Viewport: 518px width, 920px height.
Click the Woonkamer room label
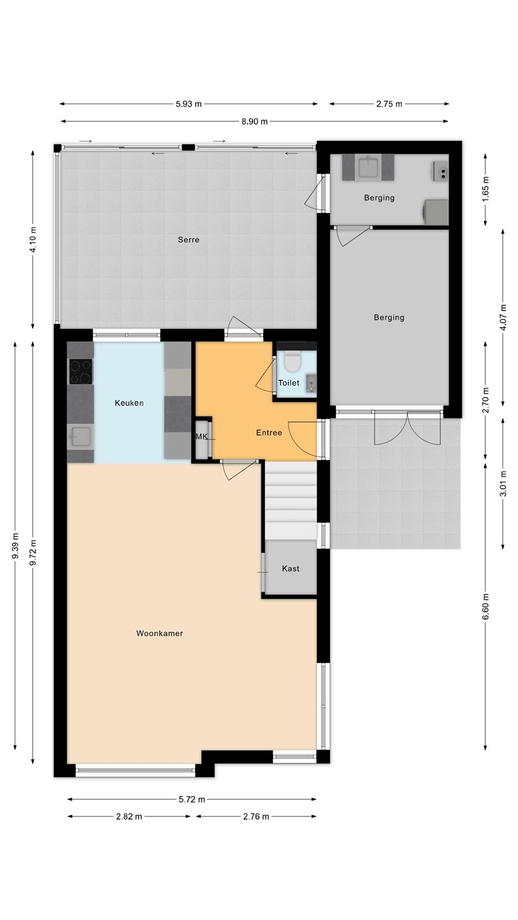[159, 633]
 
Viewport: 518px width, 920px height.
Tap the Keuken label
[129, 403]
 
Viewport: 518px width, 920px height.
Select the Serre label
[189, 240]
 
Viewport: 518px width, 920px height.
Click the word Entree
[269, 433]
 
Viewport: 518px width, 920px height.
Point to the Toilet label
[288, 383]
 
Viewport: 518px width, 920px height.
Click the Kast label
[290, 569]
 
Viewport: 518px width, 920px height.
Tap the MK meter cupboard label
[201, 436]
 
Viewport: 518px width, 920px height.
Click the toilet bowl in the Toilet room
[293, 360]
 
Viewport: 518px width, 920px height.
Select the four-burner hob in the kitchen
[81, 372]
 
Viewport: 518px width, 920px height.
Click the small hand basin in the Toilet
[311, 383]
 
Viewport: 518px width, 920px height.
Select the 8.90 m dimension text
[255, 121]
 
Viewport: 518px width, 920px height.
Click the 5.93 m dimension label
[189, 104]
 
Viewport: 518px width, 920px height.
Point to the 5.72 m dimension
[192, 799]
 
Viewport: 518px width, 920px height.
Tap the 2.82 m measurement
[129, 816]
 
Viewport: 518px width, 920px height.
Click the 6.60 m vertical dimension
[485, 607]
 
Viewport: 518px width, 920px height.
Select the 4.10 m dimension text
[33, 240]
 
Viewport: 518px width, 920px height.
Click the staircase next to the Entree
[290, 500]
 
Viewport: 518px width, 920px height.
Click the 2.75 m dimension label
[389, 104]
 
